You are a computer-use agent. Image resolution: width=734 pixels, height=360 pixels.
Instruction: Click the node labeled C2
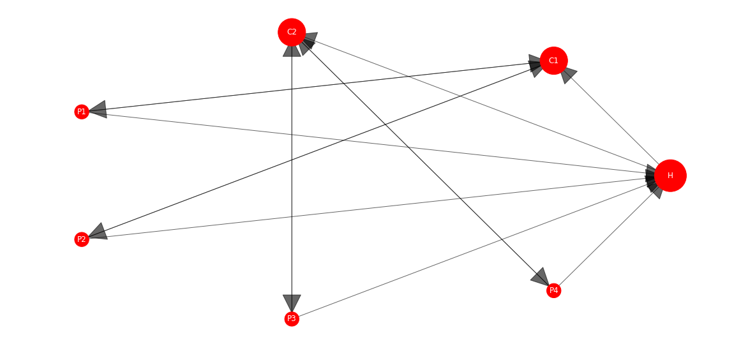pyautogui.click(x=292, y=33)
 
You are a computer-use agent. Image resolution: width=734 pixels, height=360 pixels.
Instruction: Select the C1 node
pyautogui.click(x=554, y=61)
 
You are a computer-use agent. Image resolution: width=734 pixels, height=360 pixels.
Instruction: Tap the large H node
pyautogui.click(x=670, y=176)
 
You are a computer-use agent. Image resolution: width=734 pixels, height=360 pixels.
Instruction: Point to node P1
pyautogui.click(x=82, y=112)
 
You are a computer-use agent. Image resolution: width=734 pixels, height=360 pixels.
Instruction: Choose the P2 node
pyautogui.click(x=82, y=239)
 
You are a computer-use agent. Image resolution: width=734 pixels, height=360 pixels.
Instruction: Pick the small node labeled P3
pyautogui.click(x=292, y=319)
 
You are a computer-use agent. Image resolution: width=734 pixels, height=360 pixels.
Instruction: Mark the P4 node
pyautogui.click(x=554, y=290)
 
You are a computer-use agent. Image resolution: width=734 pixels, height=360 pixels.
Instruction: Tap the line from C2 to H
pyautogui.click(x=480, y=103)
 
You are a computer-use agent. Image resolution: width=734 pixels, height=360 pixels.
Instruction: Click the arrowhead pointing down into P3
pyautogui.click(x=292, y=303)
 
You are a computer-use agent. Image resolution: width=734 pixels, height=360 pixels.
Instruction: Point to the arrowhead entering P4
pyautogui.click(x=541, y=278)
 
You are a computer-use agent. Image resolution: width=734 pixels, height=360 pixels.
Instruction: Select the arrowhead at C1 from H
pyautogui.click(x=568, y=75)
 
